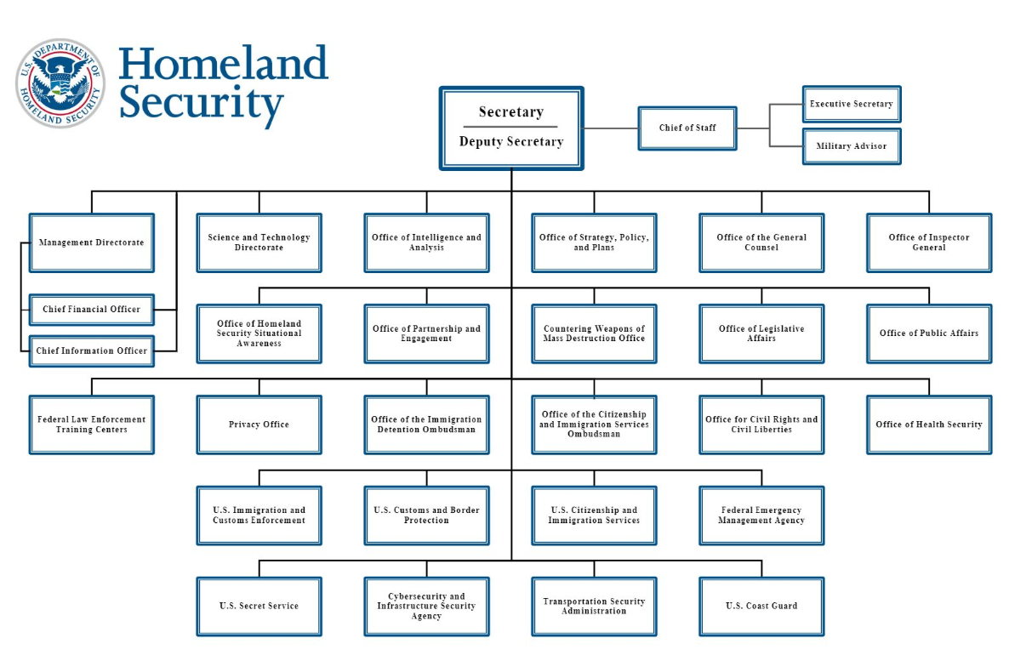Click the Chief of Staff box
click(687, 128)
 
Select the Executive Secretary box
click(852, 104)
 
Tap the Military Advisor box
click(852, 146)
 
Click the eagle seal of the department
click(60, 83)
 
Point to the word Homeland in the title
click(224, 63)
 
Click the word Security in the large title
click(201, 104)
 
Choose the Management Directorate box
click(92, 242)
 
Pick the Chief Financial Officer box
click(92, 310)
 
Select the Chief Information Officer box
click(92, 351)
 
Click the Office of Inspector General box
click(929, 242)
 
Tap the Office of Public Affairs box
click(929, 333)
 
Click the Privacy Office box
click(259, 425)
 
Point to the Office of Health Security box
click(929, 425)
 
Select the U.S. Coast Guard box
click(761, 607)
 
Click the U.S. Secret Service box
click(259, 607)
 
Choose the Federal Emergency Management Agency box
click(761, 516)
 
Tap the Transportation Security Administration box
click(594, 607)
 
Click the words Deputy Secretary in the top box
click(511, 141)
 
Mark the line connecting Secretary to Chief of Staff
click(611, 128)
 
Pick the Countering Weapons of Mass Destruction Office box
click(594, 333)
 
